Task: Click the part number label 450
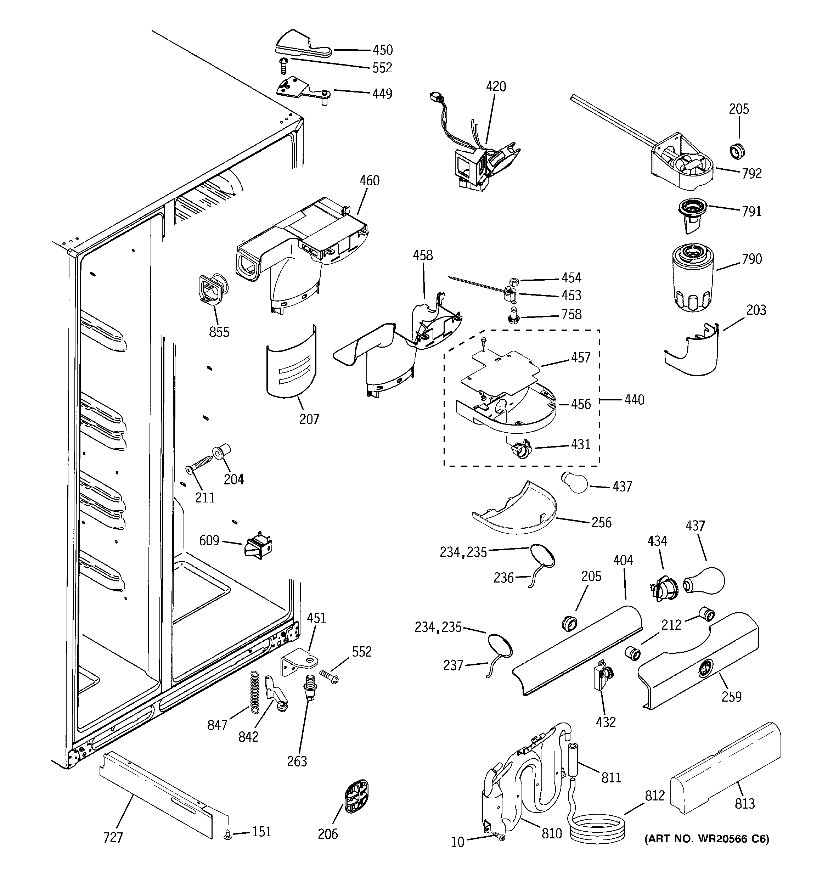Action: click(383, 50)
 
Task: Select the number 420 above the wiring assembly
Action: click(496, 86)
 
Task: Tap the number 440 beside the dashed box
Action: click(635, 400)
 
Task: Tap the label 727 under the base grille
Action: click(113, 837)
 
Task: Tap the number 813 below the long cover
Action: click(745, 804)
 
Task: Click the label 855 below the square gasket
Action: click(219, 332)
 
